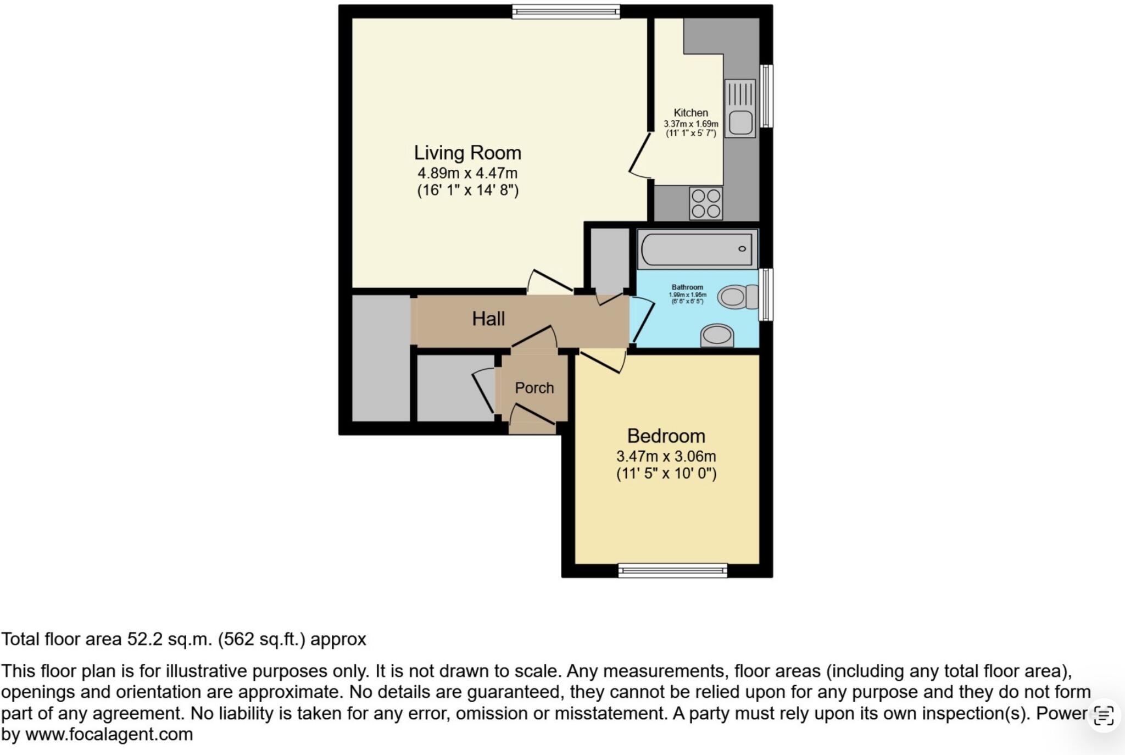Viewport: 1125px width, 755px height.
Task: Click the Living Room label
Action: pyautogui.click(x=467, y=153)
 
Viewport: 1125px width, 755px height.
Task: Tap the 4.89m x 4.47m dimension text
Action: pyautogui.click(x=467, y=173)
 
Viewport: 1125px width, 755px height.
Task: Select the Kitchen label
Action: pyautogui.click(x=690, y=113)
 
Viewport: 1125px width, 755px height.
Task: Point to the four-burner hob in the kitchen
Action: pyautogui.click(x=706, y=203)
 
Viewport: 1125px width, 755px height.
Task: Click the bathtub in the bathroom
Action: pyautogui.click(x=697, y=249)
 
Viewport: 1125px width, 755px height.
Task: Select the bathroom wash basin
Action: pyautogui.click(x=717, y=335)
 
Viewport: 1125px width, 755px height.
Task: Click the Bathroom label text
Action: pyautogui.click(x=687, y=287)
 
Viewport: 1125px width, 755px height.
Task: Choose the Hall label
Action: pyautogui.click(x=488, y=319)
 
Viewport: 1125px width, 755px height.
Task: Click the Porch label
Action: pyautogui.click(x=534, y=388)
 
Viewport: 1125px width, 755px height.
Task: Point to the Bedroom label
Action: pyautogui.click(x=666, y=436)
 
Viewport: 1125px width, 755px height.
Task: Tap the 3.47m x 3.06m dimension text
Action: pyautogui.click(x=666, y=456)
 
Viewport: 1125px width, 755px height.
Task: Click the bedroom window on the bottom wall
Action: pyautogui.click(x=672, y=571)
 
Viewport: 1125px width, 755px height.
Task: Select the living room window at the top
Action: pyautogui.click(x=566, y=12)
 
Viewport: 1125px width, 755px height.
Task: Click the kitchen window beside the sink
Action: pyautogui.click(x=766, y=96)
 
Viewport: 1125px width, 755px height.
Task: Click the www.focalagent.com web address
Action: pyautogui.click(x=109, y=734)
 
